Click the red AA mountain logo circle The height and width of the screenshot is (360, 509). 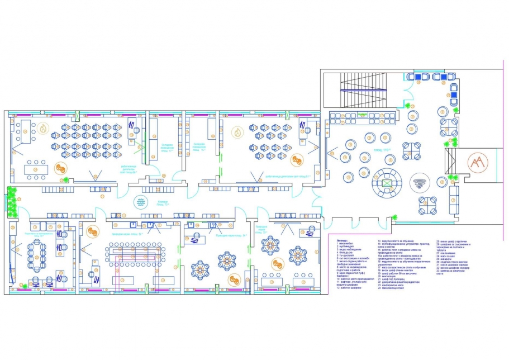[477, 164]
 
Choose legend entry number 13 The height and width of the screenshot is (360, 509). [396, 241]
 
